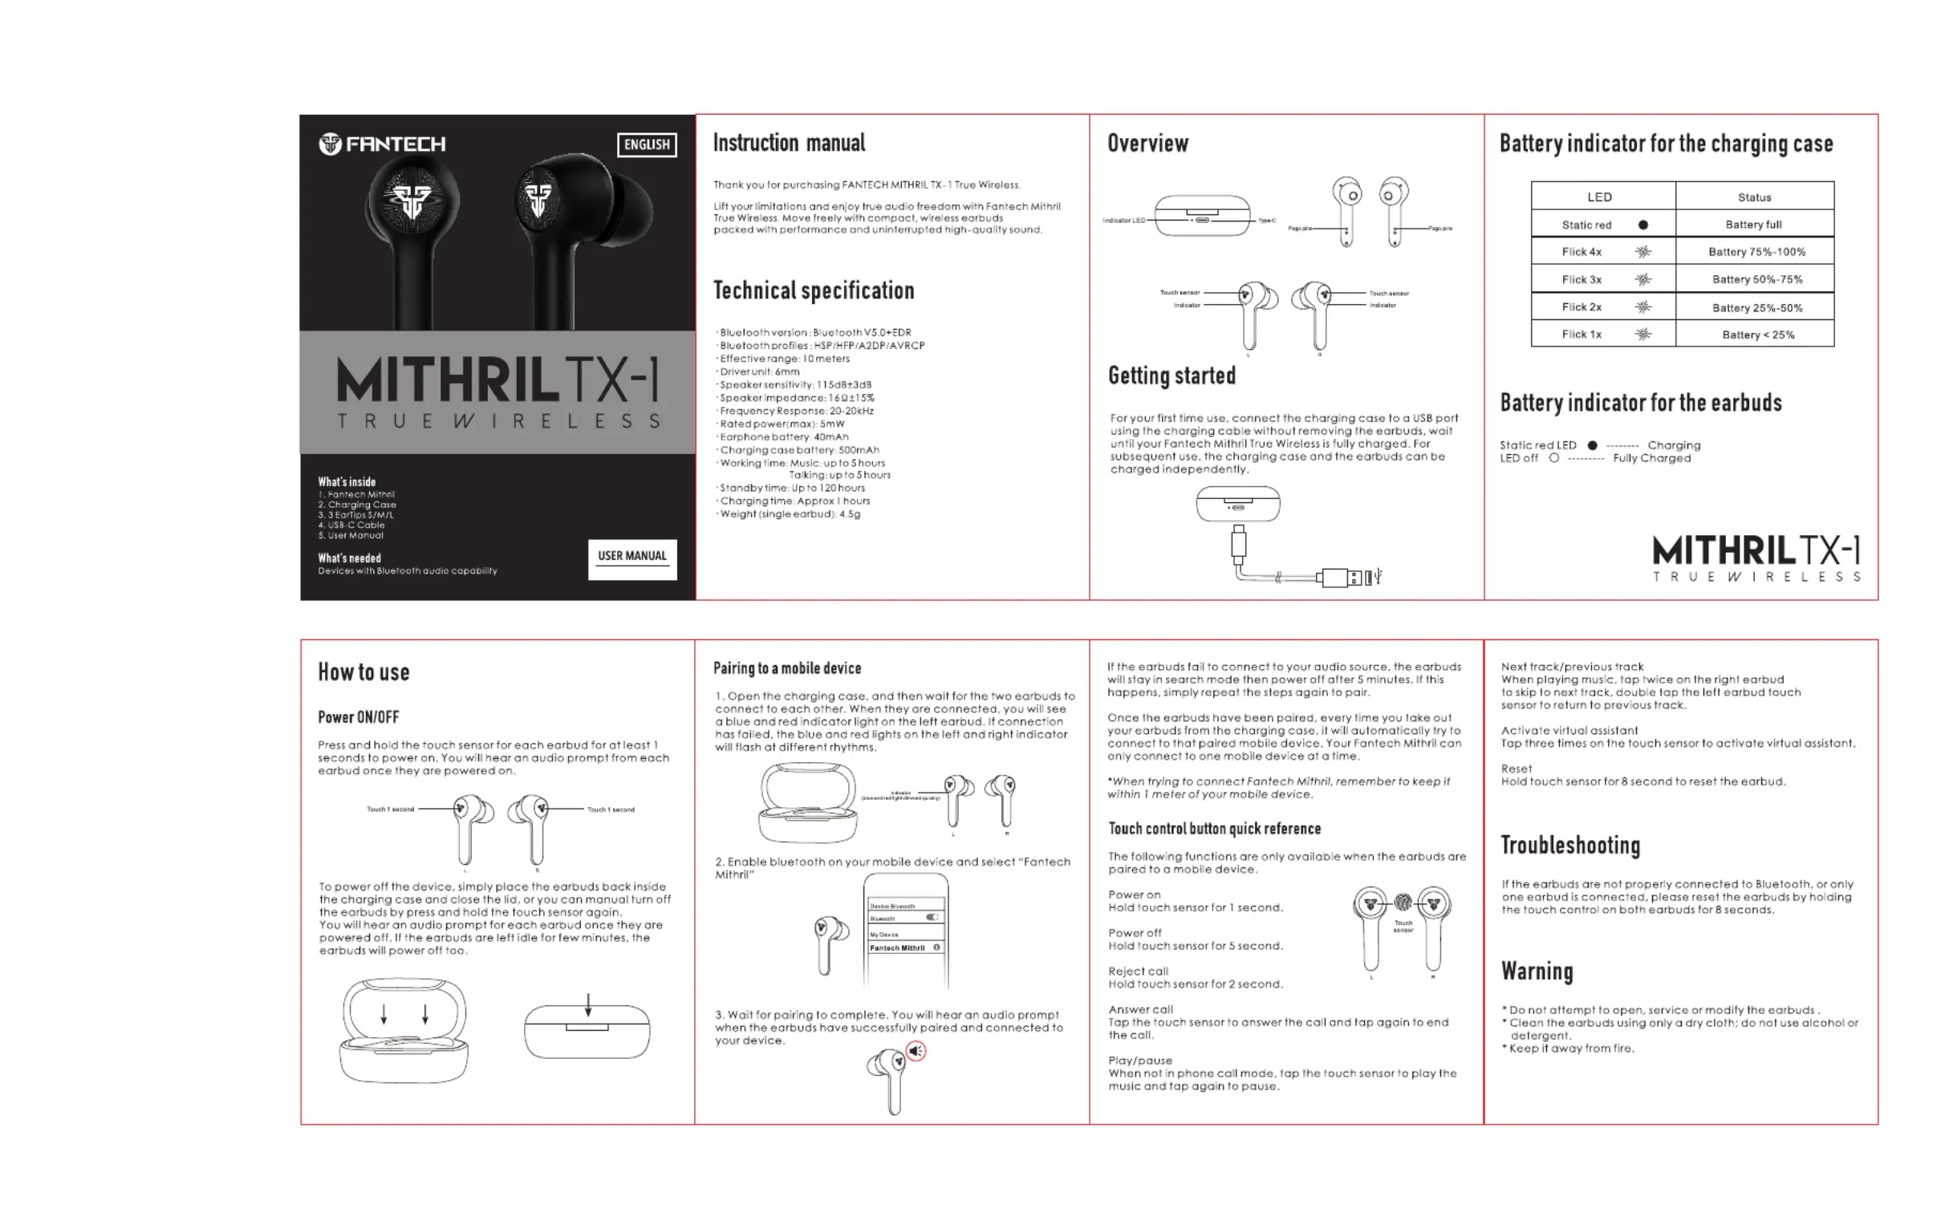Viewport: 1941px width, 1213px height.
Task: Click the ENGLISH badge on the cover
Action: (x=647, y=144)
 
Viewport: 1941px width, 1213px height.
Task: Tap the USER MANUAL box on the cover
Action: (x=632, y=558)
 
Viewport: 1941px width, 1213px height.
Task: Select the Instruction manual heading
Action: (x=789, y=144)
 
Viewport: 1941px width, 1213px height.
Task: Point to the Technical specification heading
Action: (x=814, y=290)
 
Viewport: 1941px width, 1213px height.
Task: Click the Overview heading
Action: (x=1147, y=144)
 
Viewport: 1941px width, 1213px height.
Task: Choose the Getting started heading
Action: (x=1172, y=375)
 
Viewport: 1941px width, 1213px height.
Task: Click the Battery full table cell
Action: (x=1754, y=225)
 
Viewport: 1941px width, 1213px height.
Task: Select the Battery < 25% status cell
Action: (x=1758, y=335)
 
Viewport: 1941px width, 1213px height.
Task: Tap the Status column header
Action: (x=1754, y=197)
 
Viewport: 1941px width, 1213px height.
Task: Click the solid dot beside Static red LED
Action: (x=1593, y=445)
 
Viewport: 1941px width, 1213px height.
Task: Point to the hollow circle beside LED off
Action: (x=1554, y=458)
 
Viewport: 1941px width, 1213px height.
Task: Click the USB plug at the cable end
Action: (x=1343, y=577)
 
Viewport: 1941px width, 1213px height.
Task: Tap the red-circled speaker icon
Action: (x=916, y=1051)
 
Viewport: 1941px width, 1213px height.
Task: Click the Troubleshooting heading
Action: (x=1570, y=845)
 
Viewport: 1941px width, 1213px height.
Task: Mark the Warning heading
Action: (x=1537, y=972)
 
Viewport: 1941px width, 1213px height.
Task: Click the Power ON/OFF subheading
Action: (x=358, y=717)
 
